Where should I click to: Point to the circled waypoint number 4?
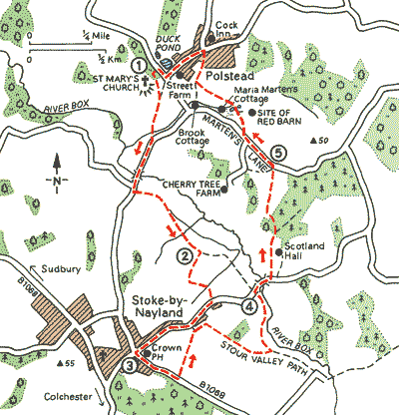[248, 306]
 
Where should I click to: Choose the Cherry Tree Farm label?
[191, 190]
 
